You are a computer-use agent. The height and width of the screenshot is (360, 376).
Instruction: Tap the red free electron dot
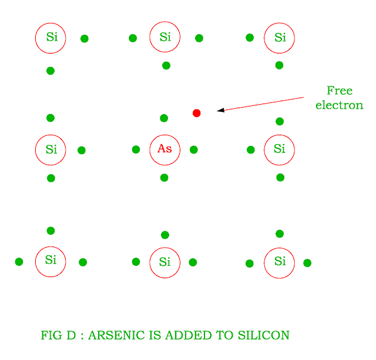coord(197,113)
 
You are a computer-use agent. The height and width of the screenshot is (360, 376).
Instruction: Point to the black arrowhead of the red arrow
coord(221,110)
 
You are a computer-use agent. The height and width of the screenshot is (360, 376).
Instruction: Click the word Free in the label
coord(340,91)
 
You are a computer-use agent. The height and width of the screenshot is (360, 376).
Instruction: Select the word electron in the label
coord(340,105)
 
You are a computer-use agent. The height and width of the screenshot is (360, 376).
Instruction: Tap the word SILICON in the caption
coord(264,335)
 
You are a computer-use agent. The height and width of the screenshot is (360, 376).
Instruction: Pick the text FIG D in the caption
coord(58,335)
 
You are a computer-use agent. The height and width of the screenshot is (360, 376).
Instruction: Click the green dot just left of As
coord(136,149)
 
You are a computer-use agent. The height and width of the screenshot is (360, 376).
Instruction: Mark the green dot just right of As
coord(194,149)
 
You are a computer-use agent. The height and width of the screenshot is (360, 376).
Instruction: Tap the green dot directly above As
coord(164,118)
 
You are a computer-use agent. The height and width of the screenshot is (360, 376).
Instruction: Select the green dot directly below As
coord(164,178)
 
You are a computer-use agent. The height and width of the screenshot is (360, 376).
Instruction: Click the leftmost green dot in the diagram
coord(19,262)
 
